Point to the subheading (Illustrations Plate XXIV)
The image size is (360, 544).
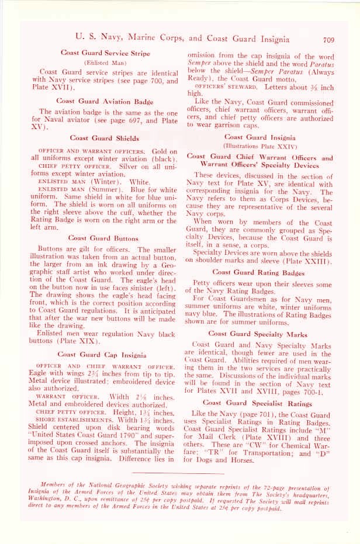[259, 146]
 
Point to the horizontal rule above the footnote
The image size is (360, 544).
[179, 473]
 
